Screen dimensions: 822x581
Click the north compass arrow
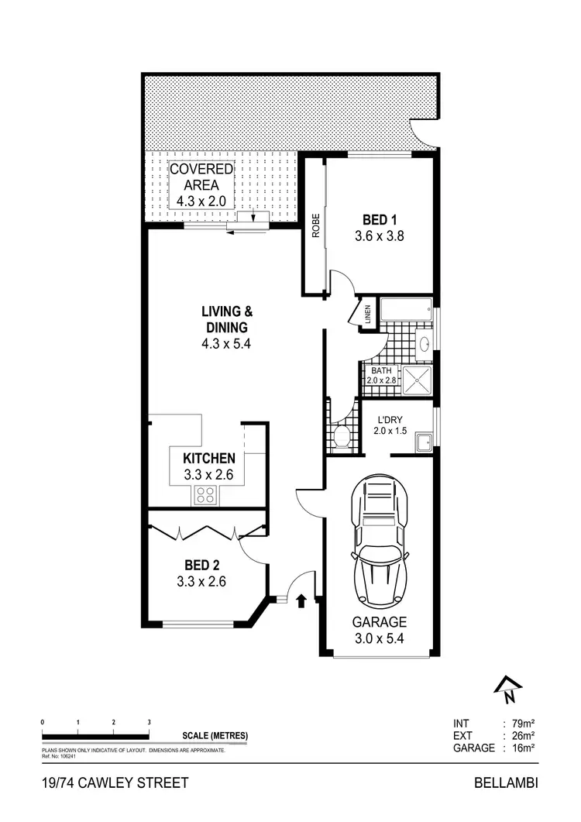(507, 686)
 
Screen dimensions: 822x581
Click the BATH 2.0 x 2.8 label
(383, 376)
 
